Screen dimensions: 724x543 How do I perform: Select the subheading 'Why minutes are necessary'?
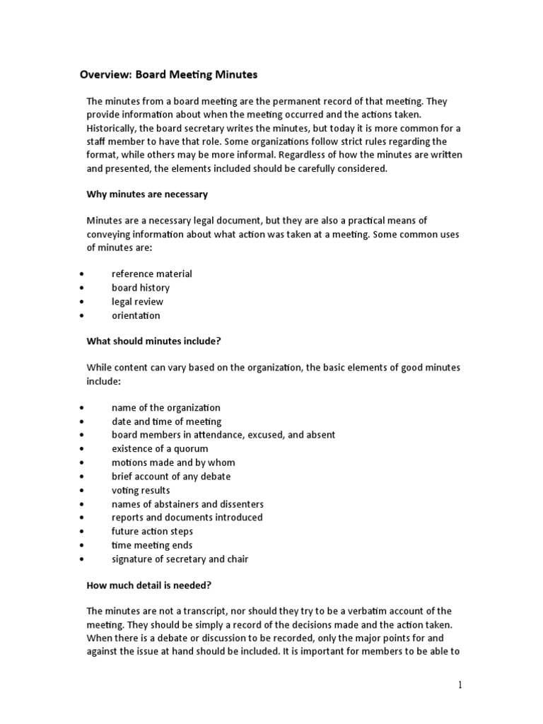(x=147, y=194)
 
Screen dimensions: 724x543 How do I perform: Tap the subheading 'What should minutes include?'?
(x=154, y=341)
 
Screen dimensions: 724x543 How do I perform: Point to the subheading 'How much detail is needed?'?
(x=148, y=585)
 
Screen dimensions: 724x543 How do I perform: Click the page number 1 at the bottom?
(x=459, y=684)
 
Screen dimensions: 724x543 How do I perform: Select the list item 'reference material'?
(x=151, y=274)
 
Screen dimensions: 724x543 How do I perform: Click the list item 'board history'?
(x=140, y=288)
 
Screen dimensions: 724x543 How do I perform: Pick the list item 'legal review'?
(x=137, y=302)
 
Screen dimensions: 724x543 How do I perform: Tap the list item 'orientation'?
(x=136, y=315)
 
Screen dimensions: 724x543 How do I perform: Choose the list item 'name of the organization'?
(x=165, y=408)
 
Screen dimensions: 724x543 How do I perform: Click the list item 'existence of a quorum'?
(x=160, y=449)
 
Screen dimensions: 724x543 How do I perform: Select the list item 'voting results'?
(x=141, y=490)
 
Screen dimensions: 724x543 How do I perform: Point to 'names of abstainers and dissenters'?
(x=187, y=504)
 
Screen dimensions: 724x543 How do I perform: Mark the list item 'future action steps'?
(x=152, y=531)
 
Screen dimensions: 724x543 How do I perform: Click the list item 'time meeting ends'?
(x=151, y=545)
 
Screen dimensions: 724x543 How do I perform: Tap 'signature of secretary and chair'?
(x=180, y=559)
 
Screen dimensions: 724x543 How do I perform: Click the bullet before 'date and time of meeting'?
(x=83, y=422)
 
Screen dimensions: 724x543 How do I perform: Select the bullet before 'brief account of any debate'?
(x=83, y=477)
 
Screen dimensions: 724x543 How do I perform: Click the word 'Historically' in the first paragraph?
(x=112, y=128)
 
